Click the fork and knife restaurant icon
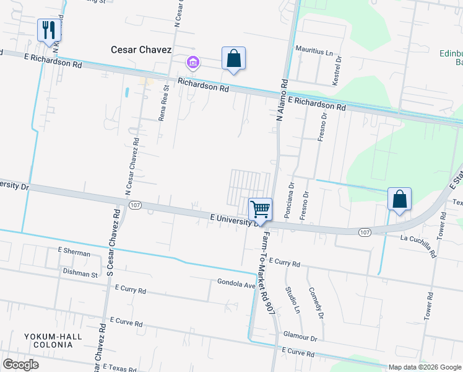(48, 30)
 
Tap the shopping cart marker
(261, 208)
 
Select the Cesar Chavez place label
(141, 49)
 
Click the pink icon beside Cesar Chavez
(193, 62)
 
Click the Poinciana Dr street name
(289, 200)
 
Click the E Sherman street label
(74, 253)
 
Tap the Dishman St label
(80, 273)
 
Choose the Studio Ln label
(292, 298)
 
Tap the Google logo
(20, 365)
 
